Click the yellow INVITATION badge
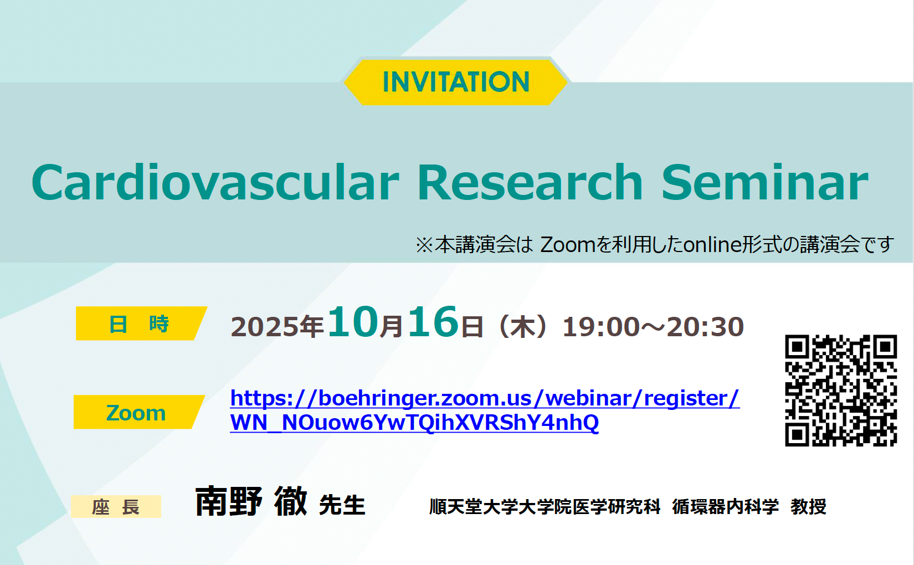coord(456,82)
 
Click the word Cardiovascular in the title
coord(215,182)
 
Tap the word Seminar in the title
coord(764,182)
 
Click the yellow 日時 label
coord(141,323)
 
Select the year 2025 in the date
coord(265,327)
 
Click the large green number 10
coord(353,322)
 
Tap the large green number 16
coord(433,322)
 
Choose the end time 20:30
coord(705,327)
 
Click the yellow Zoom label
coord(138,412)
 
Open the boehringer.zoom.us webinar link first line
coord(485,398)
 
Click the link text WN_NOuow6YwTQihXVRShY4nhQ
coord(414,423)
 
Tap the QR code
coord(841,391)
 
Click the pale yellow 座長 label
coord(116,507)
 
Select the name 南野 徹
coord(251,501)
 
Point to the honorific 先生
coord(342,505)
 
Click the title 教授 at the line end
coord(808,507)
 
